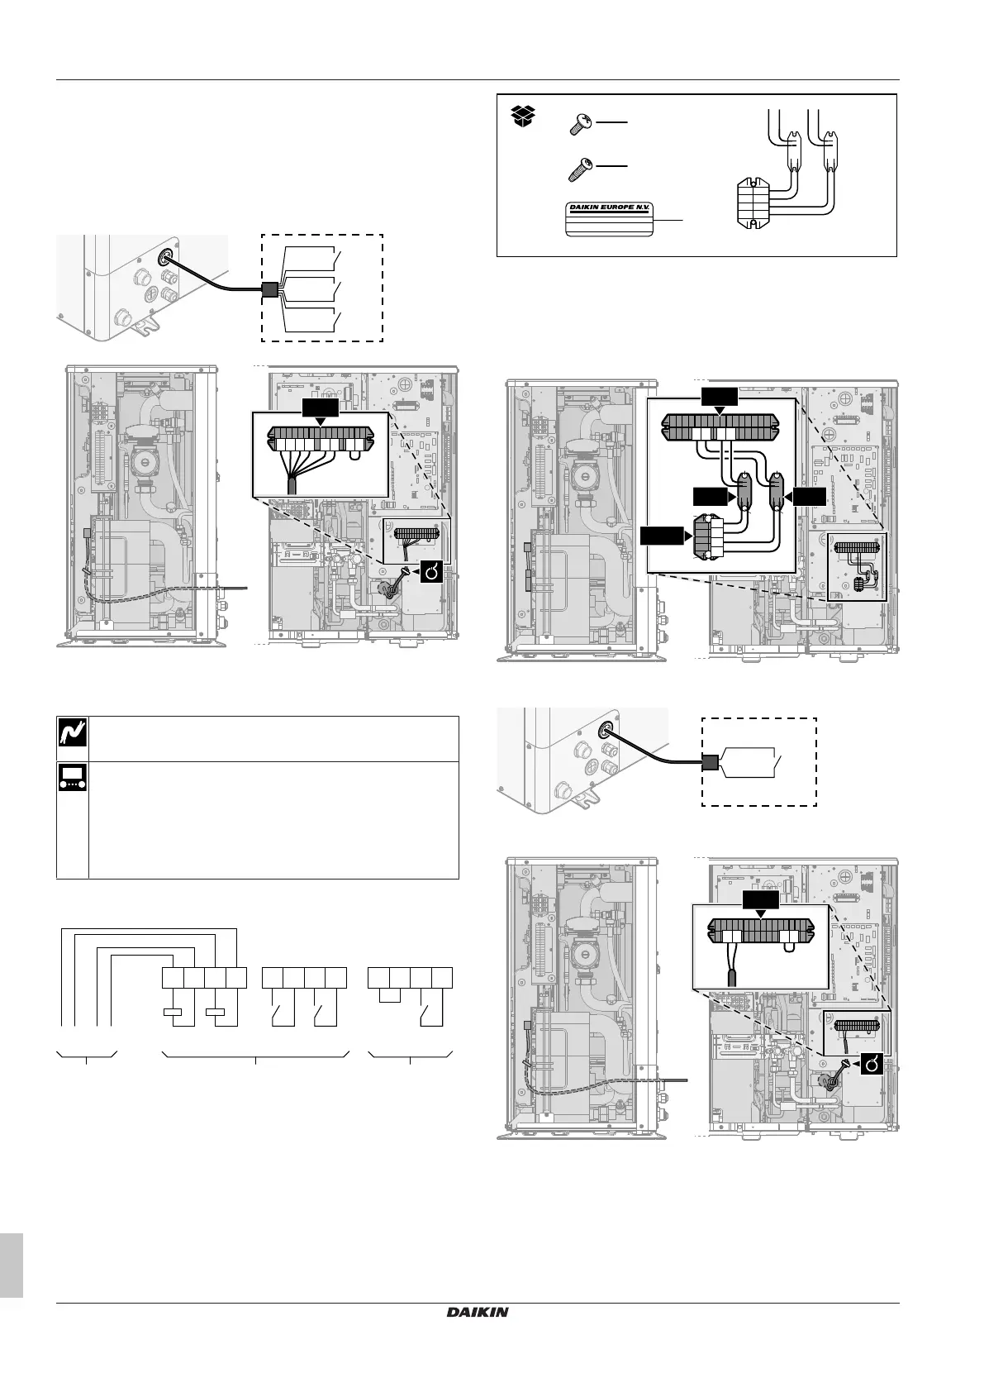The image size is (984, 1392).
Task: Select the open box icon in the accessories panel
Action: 521,117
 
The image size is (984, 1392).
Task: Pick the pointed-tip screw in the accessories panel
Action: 580,169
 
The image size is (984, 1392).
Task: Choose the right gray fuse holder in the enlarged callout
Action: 777,493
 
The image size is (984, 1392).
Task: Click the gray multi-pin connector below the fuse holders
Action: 710,538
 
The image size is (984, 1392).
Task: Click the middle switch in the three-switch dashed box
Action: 310,290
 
